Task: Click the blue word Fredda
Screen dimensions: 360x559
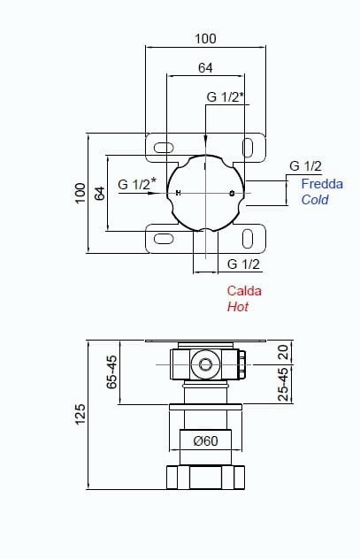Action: [322, 184]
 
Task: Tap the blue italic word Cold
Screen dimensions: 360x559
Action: [315, 200]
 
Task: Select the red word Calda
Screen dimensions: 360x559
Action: [244, 291]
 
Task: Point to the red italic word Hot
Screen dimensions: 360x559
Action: [238, 307]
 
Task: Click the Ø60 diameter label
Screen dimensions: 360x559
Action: [206, 441]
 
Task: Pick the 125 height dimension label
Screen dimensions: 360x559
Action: [80, 414]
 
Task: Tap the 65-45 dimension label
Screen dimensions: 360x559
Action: [111, 371]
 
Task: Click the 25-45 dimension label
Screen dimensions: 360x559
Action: [283, 384]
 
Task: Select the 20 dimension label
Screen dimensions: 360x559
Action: [283, 352]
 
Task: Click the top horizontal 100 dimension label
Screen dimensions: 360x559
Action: [205, 39]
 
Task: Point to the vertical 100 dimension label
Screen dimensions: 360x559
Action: [80, 193]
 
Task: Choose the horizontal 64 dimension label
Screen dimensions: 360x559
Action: [205, 68]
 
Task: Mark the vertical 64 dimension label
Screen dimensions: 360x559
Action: [100, 193]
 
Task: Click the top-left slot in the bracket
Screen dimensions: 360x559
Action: [164, 147]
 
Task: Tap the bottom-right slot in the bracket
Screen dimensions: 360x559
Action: [248, 239]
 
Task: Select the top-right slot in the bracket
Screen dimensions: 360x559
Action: [248, 148]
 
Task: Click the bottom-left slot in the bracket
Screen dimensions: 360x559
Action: [164, 239]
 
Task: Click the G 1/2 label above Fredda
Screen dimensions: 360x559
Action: [305, 165]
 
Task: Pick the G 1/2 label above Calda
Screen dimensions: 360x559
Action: [244, 264]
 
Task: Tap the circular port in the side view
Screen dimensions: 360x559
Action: [205, 364]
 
